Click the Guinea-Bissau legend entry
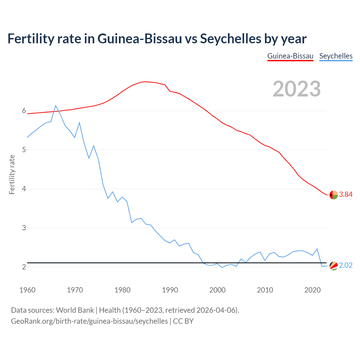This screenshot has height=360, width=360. point(290,56)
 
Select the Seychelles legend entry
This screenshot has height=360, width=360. point(336,56)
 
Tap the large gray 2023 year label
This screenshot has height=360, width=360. point(297,89)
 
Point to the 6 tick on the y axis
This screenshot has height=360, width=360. point(24,111)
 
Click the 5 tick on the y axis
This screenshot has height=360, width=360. point(24,150)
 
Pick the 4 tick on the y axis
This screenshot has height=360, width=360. point(24,189)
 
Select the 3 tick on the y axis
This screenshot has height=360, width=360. point(24,228)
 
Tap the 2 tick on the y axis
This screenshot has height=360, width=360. point(24,267)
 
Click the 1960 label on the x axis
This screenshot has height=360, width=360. point(27,290)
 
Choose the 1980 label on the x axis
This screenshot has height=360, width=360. point(122,290)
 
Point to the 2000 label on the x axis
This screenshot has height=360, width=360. point(217,290)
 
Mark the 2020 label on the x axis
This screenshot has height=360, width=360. point(312,290)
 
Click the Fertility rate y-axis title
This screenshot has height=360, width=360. point(12,174)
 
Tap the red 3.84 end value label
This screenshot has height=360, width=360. point(346,195)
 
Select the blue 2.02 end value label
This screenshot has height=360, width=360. point(346,265)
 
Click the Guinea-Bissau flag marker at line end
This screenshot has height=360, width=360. point(334,195)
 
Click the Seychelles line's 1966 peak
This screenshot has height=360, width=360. point(56,105)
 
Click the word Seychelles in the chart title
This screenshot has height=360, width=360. point(230,39)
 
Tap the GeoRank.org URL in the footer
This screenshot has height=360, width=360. point(89,321)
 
